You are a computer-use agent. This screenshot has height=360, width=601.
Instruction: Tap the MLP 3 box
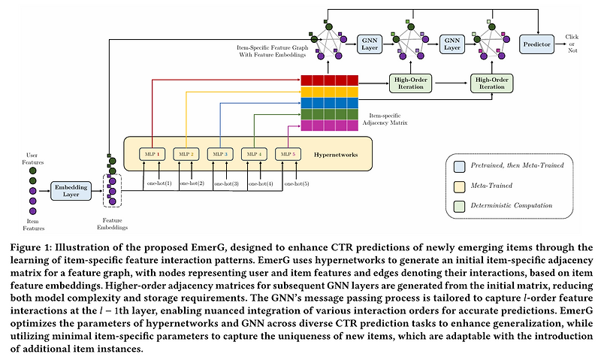point(220,154)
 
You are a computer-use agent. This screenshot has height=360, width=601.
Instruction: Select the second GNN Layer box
point(452,45)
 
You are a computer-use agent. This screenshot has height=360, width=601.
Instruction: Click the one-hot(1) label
point(158,183)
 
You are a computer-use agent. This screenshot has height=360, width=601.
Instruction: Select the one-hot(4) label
point(260,183)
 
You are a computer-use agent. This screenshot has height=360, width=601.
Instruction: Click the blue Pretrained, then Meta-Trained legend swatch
point(459,165)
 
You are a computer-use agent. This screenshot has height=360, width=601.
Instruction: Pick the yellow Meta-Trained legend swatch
point(459,183)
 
